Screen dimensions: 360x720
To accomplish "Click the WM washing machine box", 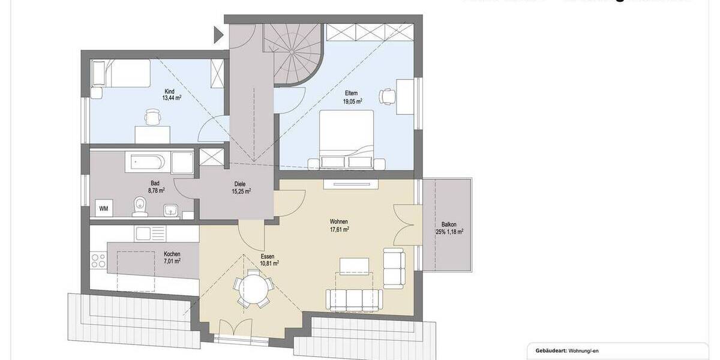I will pos(103,208).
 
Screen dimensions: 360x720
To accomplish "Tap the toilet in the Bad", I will pos(140,206).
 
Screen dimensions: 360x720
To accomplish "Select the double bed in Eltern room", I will pos(346,137).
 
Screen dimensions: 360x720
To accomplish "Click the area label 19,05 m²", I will pos(353,101).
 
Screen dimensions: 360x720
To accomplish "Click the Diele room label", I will pos(240,185).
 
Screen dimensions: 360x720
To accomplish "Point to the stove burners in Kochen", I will pos(97,260).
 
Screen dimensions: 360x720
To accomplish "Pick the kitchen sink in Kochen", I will pos(144,233).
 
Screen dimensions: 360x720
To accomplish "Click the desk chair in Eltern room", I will pos(387,95).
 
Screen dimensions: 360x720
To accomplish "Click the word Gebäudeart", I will pos(545,351).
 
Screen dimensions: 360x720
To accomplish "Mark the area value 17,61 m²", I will pos(339,229).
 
